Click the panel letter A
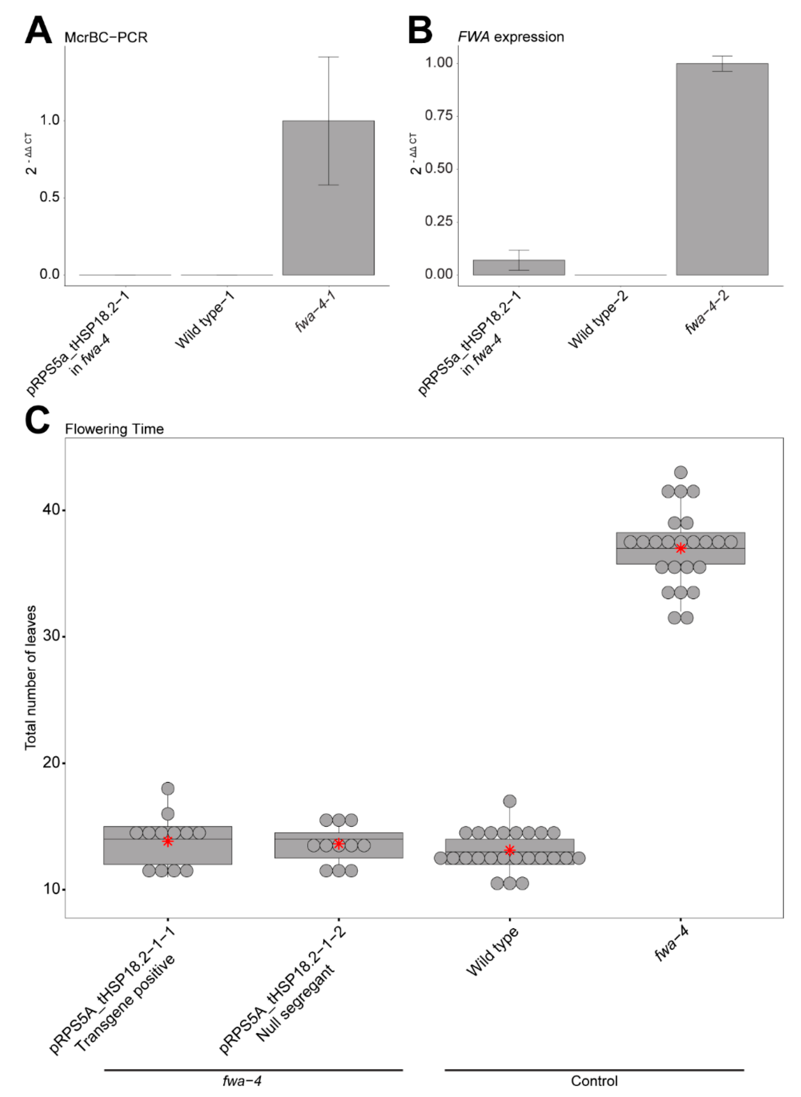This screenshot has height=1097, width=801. [x=38, y=31]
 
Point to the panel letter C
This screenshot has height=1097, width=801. [x=37, y=420]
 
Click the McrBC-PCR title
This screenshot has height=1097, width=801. [x=106, y=37]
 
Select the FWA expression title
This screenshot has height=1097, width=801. [x=511, y=37]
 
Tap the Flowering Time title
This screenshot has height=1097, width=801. [x=114, y=429]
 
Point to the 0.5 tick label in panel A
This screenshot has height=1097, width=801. [x=50, y=197]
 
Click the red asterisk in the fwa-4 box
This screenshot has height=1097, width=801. [x=680, y=548]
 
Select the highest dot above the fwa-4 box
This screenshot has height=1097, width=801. [x=680, y=472]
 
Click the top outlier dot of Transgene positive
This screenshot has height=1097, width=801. [x=168, y=788]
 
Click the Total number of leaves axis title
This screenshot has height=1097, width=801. [x=30, y=677]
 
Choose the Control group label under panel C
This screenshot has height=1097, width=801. [x=594, y=1081]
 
